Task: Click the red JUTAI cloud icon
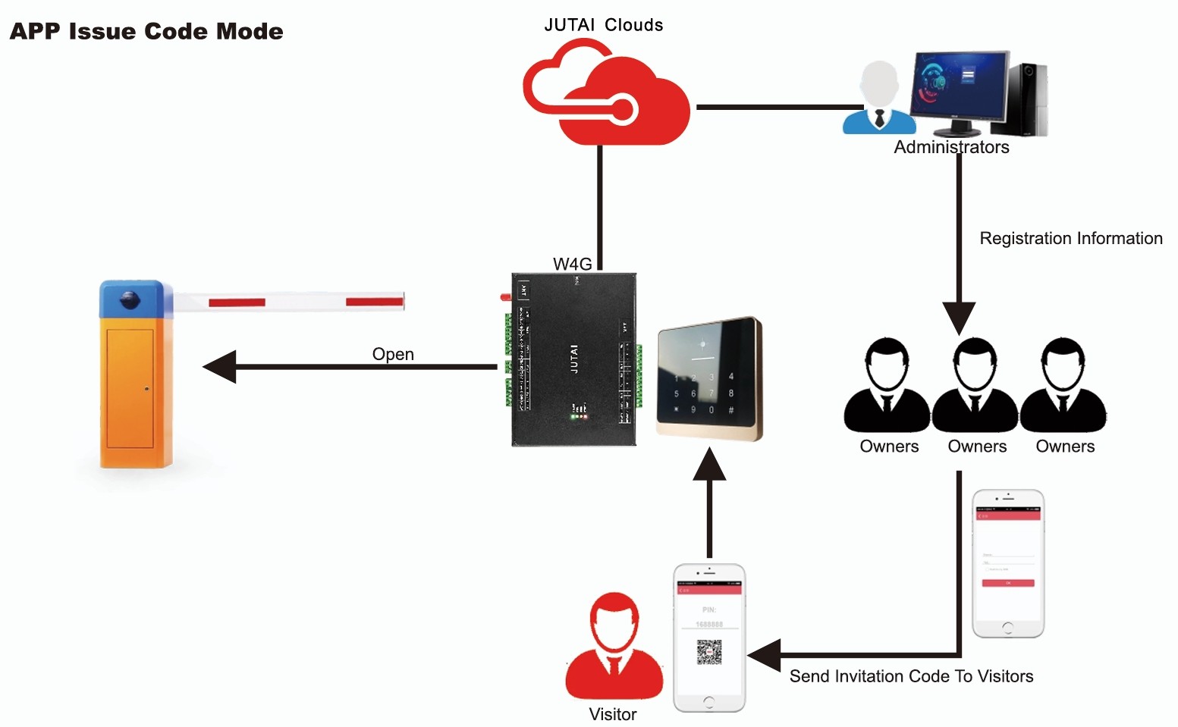[607, 95]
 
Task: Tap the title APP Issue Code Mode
[146, 32]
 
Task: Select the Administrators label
[951, 147]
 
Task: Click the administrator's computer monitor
[961, 86]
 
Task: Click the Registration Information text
[1070, 239]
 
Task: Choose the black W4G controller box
[574, 359]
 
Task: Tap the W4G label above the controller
[572, 264]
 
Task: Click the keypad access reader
[708, 379]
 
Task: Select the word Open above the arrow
[393, 354]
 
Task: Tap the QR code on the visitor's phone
[709, 652]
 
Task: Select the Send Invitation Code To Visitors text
[911, 676]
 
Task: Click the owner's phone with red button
[1008, 563]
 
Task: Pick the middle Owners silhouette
[975, 387]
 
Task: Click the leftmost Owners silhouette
[887, 387]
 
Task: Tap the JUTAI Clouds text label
[603, 25]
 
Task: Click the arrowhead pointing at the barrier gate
[221, 367]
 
